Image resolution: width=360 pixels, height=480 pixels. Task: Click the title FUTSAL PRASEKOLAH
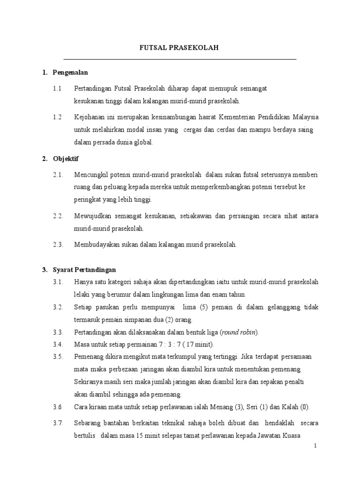[180, 48]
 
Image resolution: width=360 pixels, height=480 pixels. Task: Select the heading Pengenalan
[70, 73]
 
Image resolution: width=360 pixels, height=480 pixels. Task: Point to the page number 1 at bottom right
[316, 446]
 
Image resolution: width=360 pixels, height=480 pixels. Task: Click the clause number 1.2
[57, 117]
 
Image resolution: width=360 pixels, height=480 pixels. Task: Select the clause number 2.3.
[58, 244]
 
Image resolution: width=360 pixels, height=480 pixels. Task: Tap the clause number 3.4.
[58, 345]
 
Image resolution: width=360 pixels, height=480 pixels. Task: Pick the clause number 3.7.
[58, 423]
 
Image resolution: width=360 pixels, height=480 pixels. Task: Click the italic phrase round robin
[239, 332]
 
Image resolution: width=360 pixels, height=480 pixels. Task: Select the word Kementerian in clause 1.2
[239, 117]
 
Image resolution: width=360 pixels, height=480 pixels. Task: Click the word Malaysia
[306, 117]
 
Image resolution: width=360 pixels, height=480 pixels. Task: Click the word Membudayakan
[96, 244]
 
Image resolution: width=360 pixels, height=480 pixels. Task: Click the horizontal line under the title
[180, 60]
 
